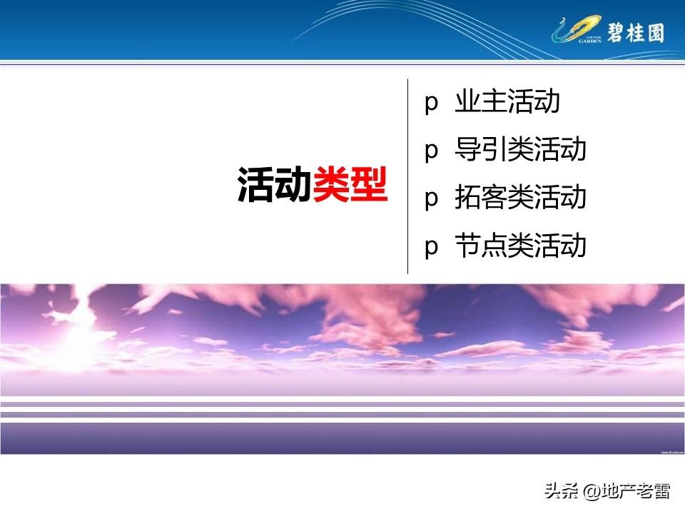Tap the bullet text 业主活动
click(507, 103)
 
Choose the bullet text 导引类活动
click(520, 150)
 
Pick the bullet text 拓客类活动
click(520, 198)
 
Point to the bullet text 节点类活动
click(520, 246)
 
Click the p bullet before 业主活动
click(430, 104)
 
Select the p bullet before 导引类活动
click(430, 152)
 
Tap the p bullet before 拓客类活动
click(430, 199)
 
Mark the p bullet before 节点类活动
click(430, 247)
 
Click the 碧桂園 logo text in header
click(635, 31)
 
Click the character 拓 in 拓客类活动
click(468, 198)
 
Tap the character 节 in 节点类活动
click(468, 246)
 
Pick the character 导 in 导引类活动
click(468, 150)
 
